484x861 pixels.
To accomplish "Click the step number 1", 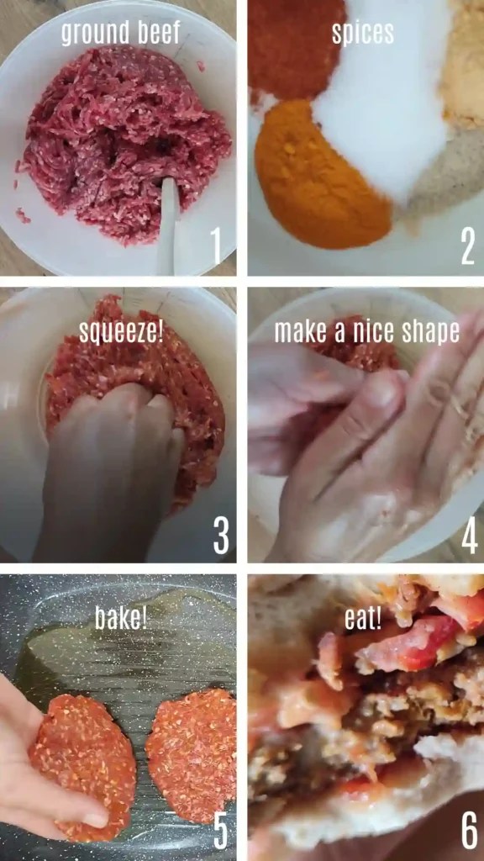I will coord(216,246).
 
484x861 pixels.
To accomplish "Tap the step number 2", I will coord(468,246).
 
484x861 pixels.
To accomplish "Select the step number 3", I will coord(220,535).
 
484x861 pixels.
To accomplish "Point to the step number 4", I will coord(469,535).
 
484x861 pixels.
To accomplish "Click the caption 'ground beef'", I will coord(121,33).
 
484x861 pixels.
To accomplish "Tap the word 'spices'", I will coord(363,33).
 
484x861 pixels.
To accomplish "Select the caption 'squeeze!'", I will coord(121,330).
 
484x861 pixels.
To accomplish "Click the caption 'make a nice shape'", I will coord(366,330).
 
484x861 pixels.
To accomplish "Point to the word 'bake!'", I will coord(121,618).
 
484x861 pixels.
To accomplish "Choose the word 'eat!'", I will coord(363,618).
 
